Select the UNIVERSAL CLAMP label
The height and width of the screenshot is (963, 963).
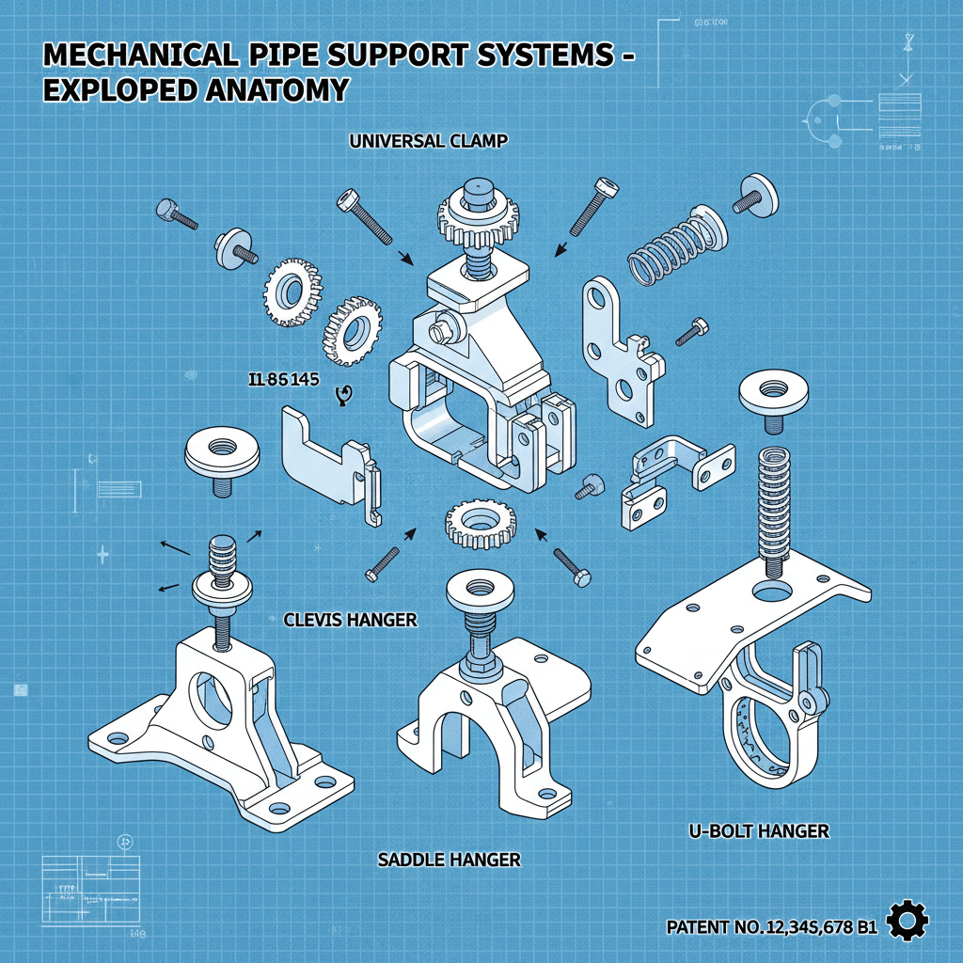(428, 142)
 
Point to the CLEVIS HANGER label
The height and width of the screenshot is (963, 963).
(351, 621)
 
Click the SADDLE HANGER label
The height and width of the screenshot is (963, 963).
(449, 860)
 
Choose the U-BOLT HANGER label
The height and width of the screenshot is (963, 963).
(759, 830)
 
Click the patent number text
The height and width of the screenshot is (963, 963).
(771, 927)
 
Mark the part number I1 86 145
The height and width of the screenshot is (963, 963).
(281, 381)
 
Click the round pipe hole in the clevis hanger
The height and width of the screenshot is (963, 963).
(219, 698)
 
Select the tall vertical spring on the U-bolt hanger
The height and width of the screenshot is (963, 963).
(773, 508)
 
